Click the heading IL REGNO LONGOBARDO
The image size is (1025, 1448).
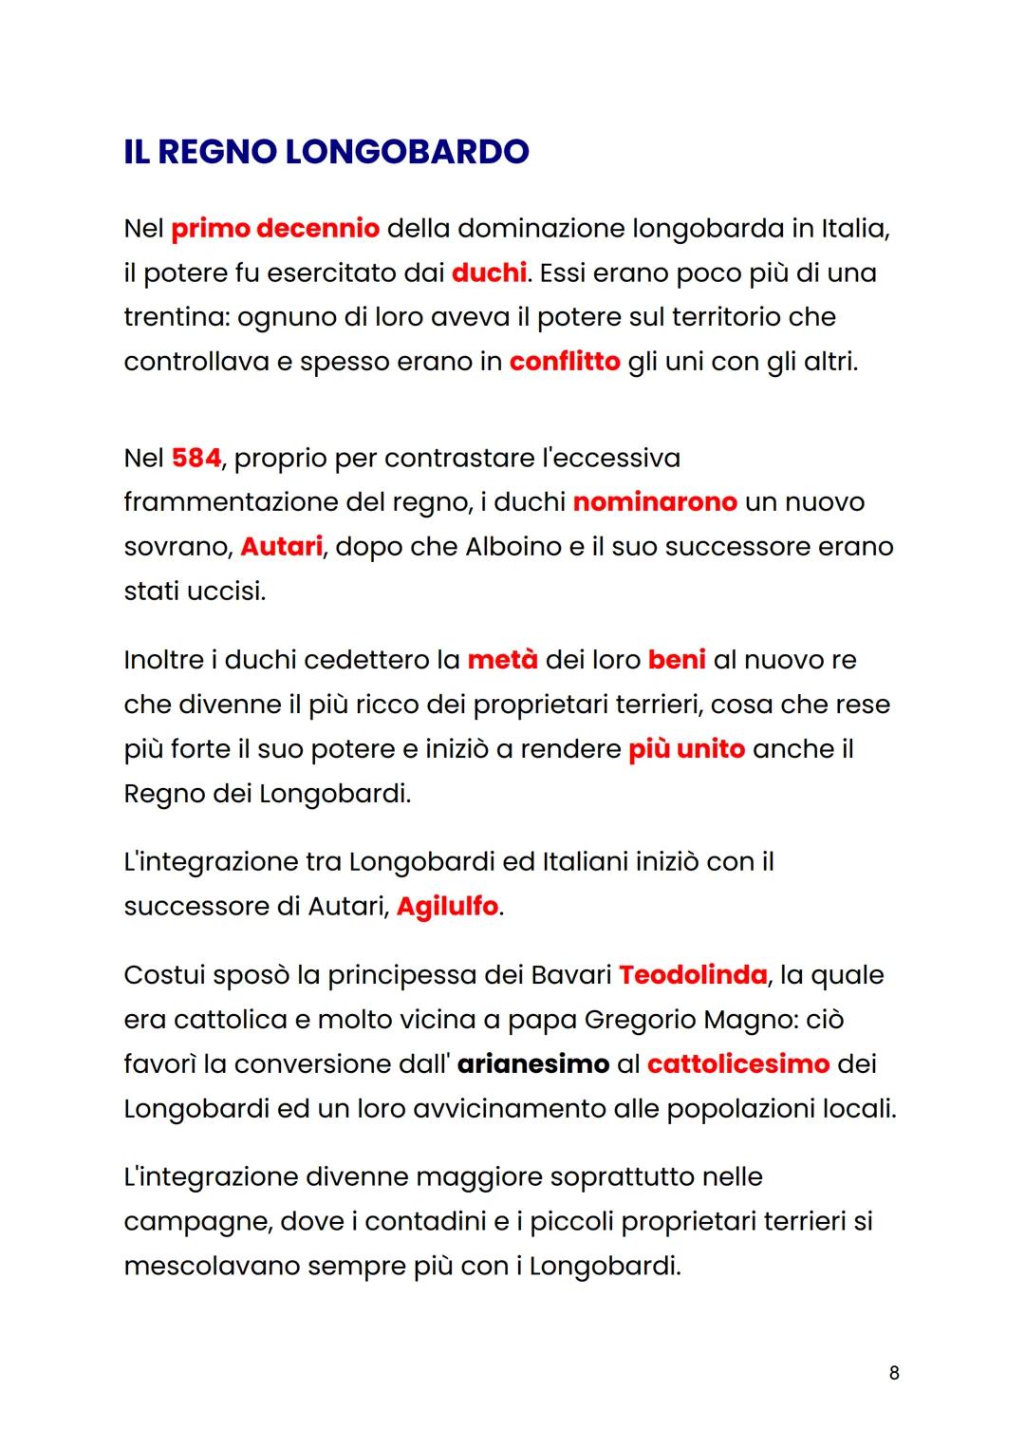[326, 152]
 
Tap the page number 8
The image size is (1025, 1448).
[894, 1372]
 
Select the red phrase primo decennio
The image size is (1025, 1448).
[275, 229]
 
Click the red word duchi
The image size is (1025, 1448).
[489, 273]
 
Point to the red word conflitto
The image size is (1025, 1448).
[565, 362]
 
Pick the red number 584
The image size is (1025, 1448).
[196, 458]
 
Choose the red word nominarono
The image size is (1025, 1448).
[655, 501]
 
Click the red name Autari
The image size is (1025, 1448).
[281, 547]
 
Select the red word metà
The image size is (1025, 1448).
[502, 660]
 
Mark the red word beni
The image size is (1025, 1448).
[677, 660]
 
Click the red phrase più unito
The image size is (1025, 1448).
[686, 749]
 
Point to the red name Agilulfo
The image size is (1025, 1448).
[447, 907]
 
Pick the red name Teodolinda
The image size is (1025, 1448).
[693, 975]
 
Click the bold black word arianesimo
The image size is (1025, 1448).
[532, 1063]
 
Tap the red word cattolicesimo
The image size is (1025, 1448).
[738, 1063]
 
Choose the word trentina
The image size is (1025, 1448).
[174, 317]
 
